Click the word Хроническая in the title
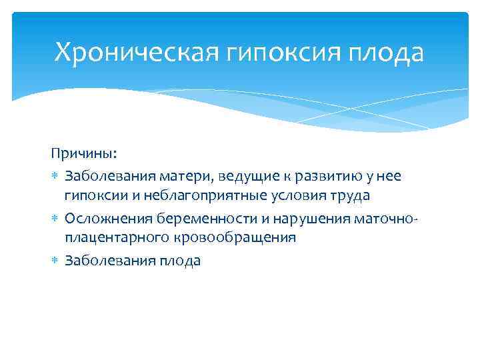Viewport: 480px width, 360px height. coord(136,52)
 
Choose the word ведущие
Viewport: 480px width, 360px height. coord(237,175)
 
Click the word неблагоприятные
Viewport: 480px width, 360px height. coord(193,197)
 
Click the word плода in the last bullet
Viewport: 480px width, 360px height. coord(179,261)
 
